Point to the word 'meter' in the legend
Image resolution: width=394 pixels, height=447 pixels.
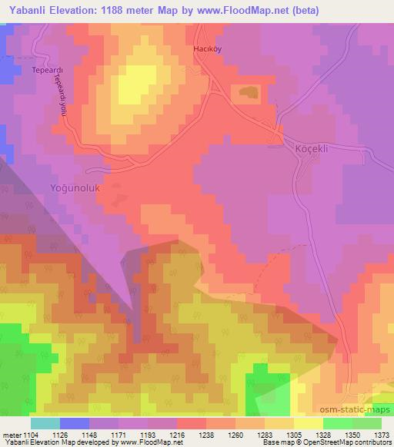(12, 434)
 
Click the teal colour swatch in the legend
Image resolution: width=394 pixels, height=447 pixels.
(45, 423)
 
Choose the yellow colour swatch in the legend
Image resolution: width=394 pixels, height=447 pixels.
(308, 423)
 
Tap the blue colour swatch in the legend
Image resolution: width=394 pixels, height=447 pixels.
(75, 423)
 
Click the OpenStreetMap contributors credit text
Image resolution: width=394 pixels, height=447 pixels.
(349, 443)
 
